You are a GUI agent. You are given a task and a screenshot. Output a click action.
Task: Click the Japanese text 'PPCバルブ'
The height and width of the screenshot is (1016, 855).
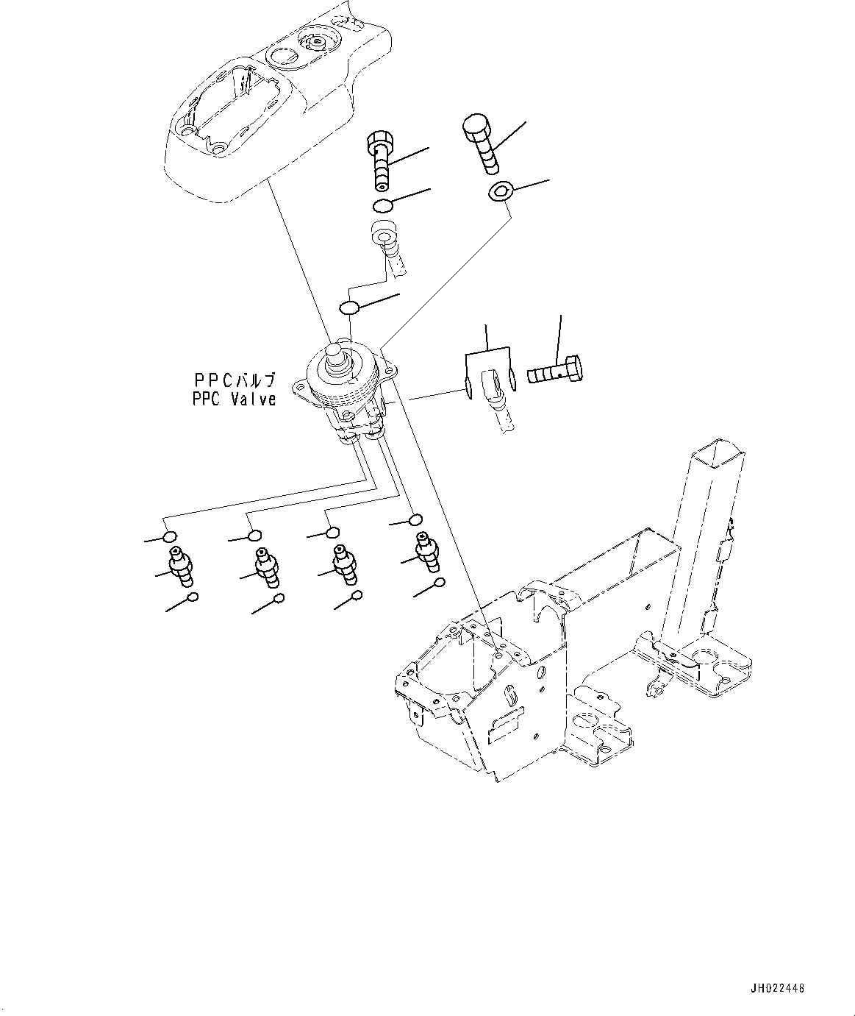(234, 380)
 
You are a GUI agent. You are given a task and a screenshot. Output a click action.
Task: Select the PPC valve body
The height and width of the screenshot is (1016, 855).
(346, 394)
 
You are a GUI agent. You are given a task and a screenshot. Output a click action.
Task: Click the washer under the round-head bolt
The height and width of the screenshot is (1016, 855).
(500, 193)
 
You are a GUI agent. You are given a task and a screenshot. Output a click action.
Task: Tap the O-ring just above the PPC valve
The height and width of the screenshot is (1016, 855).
(349, 306)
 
